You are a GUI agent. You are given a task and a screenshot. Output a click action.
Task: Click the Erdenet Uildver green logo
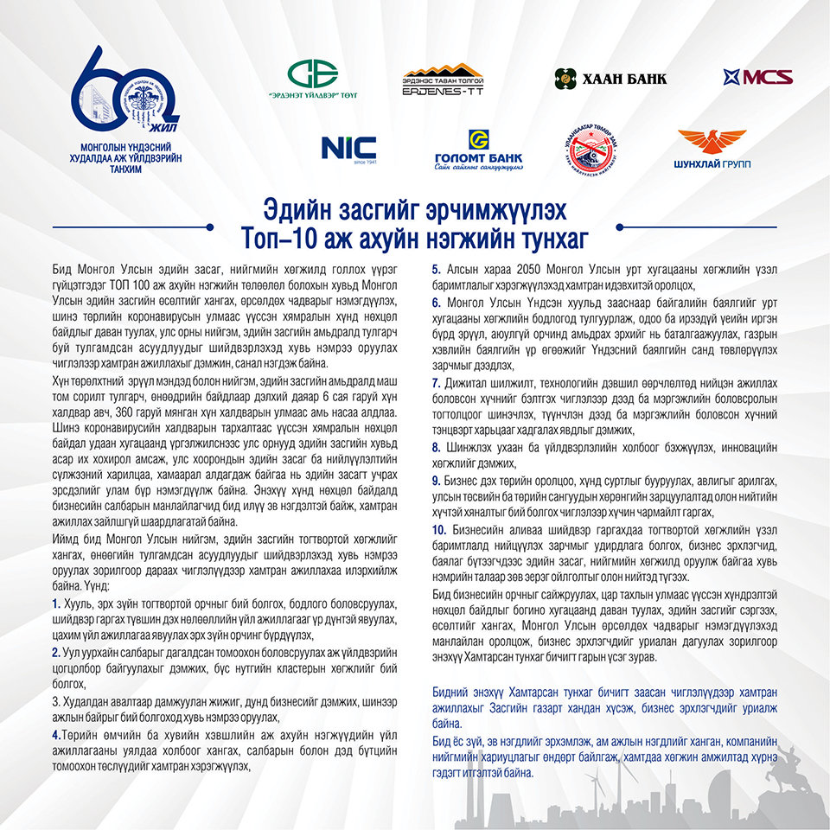(313, 79)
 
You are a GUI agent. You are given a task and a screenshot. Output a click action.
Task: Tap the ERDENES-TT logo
(443, 80)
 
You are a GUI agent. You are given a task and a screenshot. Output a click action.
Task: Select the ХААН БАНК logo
(610, 79)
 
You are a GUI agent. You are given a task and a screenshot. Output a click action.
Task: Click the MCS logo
(758, 77)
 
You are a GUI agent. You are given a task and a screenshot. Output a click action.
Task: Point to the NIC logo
(348, 148)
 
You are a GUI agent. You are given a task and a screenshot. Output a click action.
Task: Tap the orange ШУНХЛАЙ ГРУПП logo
(712, 149)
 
